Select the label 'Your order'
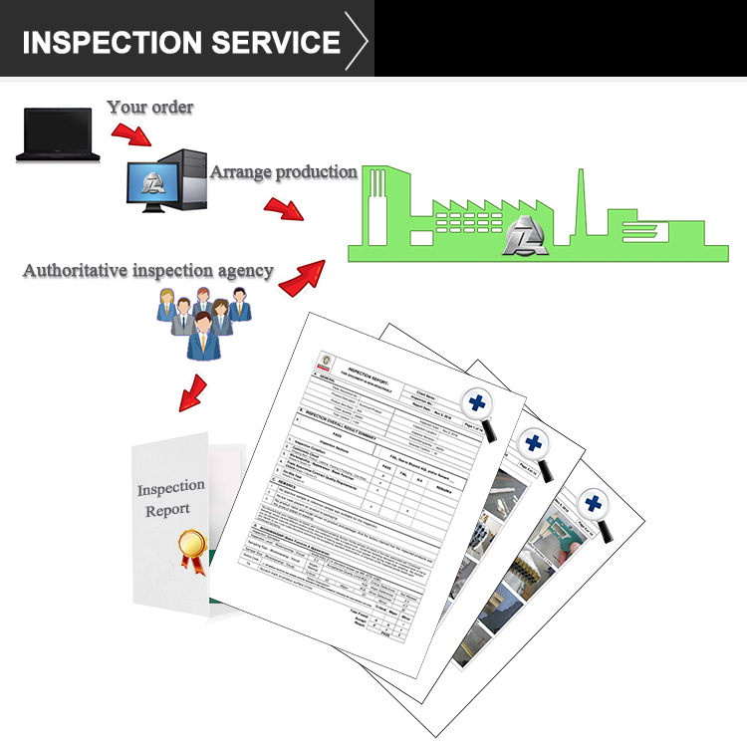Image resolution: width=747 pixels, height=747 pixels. (x=150, y=106)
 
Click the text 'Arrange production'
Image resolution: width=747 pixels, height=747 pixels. (x=283, y=171)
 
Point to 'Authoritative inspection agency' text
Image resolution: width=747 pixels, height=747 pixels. (x=148, y=270)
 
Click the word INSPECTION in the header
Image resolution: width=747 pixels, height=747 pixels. (x=109, y=42)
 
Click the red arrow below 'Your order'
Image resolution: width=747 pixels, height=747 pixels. (x=131, y=133)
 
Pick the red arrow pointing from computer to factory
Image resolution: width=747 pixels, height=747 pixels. (x=283, y=208)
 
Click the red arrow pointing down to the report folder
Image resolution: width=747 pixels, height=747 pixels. (x=193, y=392)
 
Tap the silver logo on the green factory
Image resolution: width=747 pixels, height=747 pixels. (x=525, y=237)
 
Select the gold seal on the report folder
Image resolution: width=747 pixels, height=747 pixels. (x=192, y=547)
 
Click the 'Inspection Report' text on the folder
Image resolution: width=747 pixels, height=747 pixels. (x=171, y=499)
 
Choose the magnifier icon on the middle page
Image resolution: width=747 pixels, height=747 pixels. (x=537, y=446)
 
